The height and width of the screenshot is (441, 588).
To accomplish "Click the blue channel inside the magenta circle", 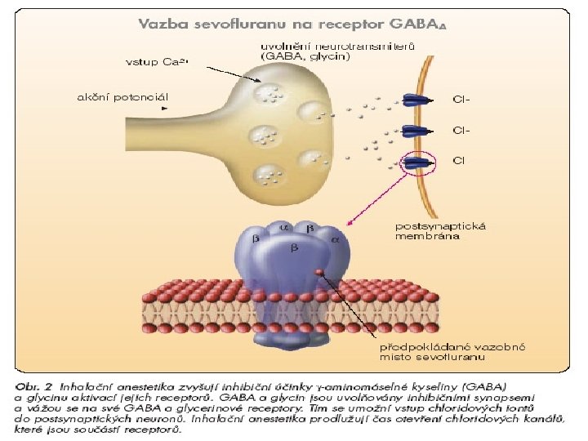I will point(419,162).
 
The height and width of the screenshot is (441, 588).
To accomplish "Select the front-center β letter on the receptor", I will point(296,246).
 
